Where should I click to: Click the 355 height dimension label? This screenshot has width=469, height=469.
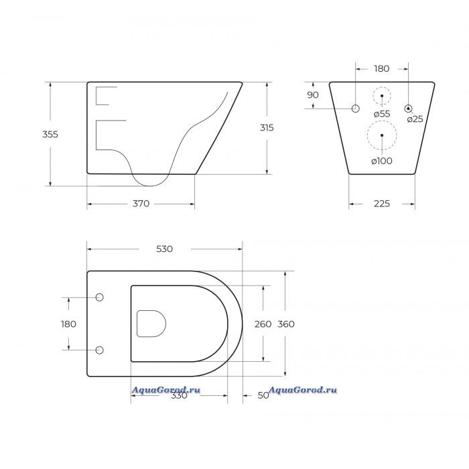50,134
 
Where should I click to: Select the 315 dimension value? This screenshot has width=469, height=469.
267,128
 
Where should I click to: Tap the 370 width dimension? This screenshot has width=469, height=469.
141,204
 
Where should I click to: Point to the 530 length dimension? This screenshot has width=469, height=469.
165,249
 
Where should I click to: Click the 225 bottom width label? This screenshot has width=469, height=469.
382,204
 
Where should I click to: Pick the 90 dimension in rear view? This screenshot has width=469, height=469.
313,95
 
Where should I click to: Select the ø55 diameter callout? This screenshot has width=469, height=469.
382,114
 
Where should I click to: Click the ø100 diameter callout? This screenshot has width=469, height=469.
382,161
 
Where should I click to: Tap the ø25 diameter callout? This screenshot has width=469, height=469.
415,119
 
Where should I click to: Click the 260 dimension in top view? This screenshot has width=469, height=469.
263,324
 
